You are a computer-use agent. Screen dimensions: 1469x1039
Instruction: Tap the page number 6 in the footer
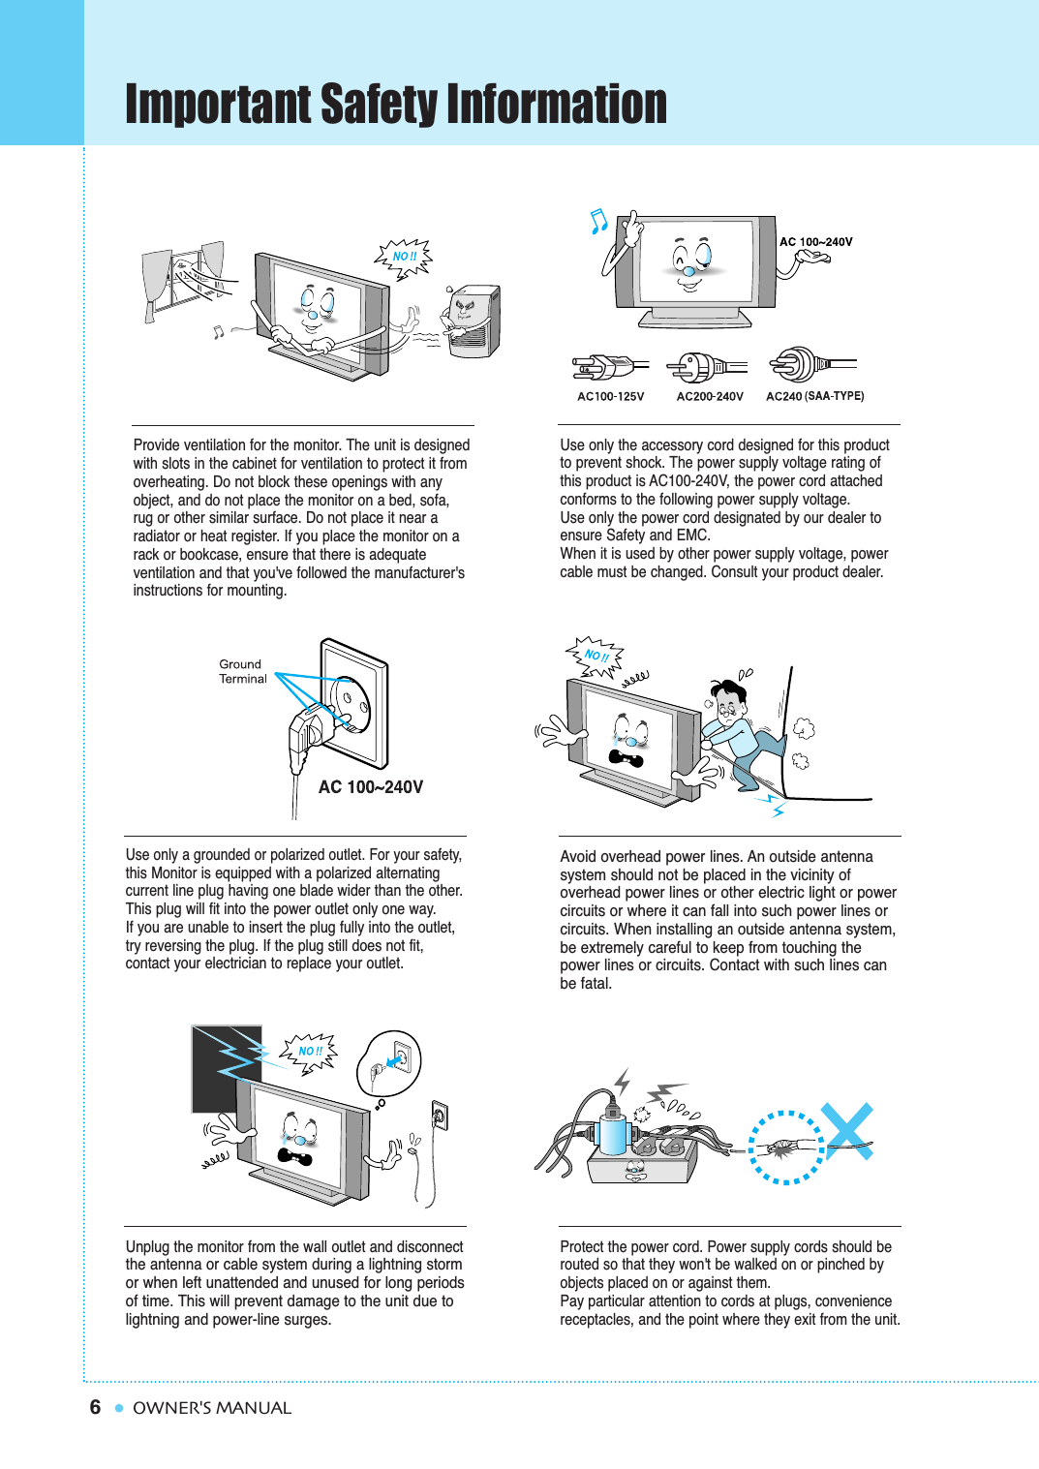[95, 1407]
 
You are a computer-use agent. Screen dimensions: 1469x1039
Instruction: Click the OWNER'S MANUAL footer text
[211, 1408]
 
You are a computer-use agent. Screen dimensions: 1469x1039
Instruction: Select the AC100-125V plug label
[610, 396]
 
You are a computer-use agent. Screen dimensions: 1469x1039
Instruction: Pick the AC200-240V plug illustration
[706, 367]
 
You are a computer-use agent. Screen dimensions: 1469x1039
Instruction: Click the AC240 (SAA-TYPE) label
[814, 396]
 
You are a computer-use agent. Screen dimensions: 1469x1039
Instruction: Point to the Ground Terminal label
[242, 671]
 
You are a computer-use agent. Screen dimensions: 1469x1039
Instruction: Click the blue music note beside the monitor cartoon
[598, 222]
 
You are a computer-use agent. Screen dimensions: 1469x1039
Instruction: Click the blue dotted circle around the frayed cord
[786, 1148]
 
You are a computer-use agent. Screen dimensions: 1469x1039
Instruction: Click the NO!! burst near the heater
[404, 257]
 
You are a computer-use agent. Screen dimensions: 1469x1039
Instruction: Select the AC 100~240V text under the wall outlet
[371, 787]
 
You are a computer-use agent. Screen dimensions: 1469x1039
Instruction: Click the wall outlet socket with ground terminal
[351, 702]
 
